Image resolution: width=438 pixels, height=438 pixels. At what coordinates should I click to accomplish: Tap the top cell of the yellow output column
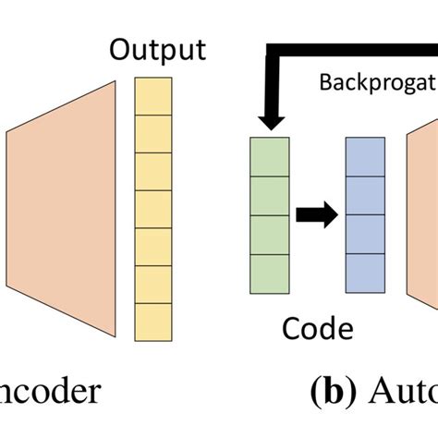(153, 95)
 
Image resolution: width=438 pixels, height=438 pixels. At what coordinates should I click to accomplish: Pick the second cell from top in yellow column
(153, 132)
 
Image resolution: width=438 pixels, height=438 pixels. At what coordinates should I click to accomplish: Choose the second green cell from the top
(269, 196)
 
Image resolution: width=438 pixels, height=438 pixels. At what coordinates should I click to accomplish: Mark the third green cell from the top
(269, 235)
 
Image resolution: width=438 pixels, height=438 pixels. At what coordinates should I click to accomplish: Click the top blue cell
(364, 156)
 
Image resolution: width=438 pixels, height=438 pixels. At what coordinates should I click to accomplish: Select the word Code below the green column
(317, 328)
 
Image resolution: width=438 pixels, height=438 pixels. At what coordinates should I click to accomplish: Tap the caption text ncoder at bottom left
(50, 394)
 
